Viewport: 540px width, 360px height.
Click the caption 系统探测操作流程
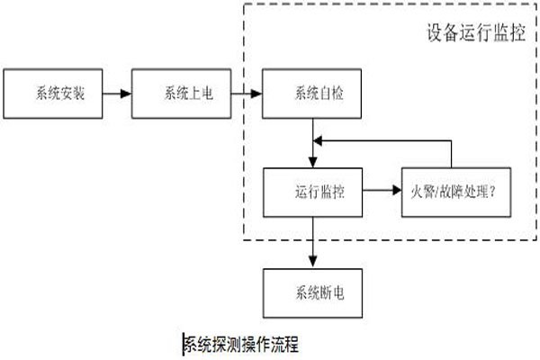tap(241, 343)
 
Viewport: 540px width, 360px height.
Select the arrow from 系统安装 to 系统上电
tap(116, 92)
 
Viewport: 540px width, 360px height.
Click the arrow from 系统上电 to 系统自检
tap(247, 92)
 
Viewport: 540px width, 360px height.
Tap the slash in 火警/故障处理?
tap(438, 192)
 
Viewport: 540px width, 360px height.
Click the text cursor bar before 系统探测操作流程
tap(184, 343)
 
